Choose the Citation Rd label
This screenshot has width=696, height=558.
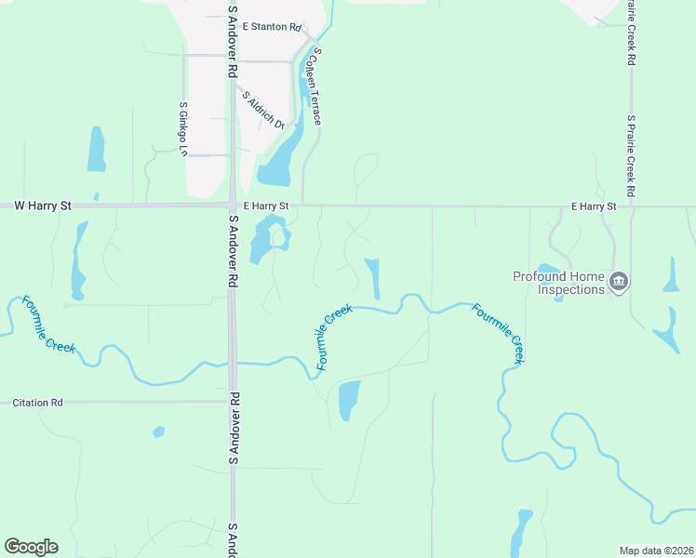pyautogui.click(x=37, y=403)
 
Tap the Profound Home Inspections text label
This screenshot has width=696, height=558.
pyautogui.click(x=558, y=283)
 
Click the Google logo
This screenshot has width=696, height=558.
pyautogui.click(x=31, y=547)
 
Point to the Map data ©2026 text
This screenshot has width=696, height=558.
pyautogui.click(x=655, y=551)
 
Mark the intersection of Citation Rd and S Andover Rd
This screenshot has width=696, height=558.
pyautogui.click(x=232, y=402)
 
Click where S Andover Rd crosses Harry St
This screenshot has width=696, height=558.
pyautogui.click(x=231, y=206)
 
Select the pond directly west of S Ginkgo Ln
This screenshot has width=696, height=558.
pyautogui.click(x=96, y=149)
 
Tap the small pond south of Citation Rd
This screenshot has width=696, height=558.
pyautogui.click(x=158, y=432)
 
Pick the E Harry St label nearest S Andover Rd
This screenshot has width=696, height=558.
pyautogui.click(x=267, y=205)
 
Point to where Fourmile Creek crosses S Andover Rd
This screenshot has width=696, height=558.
pyautogui.click(x=233, y=364)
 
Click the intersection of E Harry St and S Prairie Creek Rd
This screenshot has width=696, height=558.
pyautogui.click(x=631, y=206)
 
